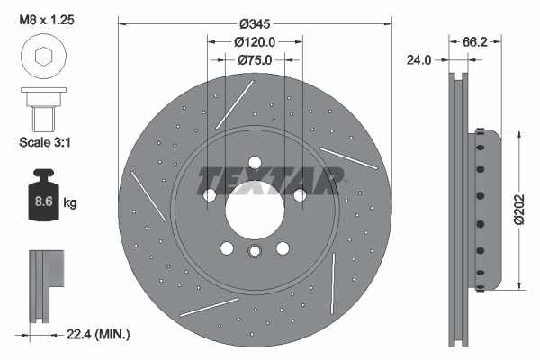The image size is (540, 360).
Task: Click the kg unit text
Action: (x=71, y=203)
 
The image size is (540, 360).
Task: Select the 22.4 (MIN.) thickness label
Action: (x=100, y=334)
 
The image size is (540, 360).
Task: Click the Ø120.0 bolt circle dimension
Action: (x=254, y=41)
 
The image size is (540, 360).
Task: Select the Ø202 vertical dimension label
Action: (x=519, y=209)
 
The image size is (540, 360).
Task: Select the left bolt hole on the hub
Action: (x=210, y=195)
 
